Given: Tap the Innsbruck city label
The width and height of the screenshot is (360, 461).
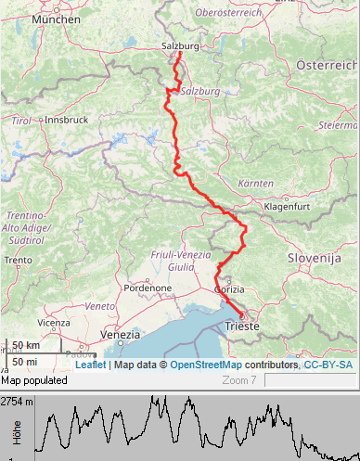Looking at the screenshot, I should click(x=66, y=120).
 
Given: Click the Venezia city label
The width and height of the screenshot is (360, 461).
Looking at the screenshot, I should click(x=120, y=334).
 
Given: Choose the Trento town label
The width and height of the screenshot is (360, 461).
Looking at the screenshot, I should click(x=18, y=261).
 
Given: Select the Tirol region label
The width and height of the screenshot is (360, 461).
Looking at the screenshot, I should click(x=20, y=121).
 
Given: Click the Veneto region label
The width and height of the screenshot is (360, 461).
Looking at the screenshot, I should click(x=98, y=304).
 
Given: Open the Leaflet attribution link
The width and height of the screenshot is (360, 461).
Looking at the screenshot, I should click(x=90, y=365).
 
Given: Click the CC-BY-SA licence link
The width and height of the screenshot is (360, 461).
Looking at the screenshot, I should click(x=328, y=365).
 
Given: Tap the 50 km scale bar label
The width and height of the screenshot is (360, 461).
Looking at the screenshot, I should click(x=26, y=346).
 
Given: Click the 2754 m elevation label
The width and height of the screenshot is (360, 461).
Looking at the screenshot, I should click(x=17, y=402).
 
